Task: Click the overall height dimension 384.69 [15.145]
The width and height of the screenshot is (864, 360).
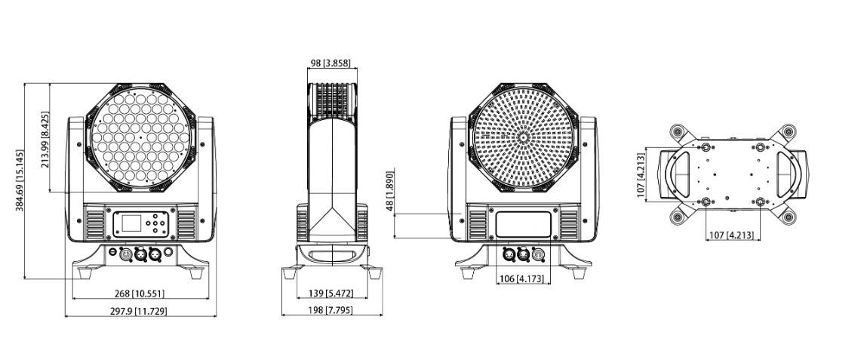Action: tap(20, 180)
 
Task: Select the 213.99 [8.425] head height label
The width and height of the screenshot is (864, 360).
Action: tap(45, 140)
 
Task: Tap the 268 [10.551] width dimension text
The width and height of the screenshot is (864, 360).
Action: tap(140, 294)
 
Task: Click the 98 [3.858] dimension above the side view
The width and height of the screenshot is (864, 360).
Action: tap(331, 63)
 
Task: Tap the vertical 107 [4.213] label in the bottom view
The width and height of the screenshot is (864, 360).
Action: tap(641, 175)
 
